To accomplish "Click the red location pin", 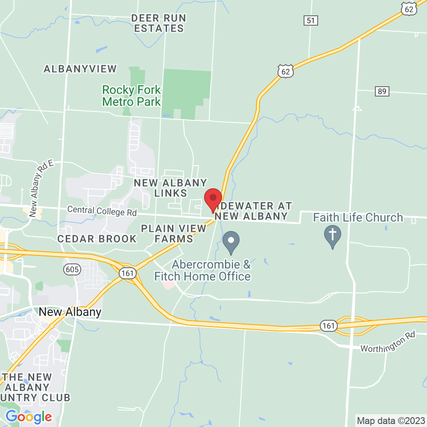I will (213, 199).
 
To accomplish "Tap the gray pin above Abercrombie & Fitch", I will (231, 241).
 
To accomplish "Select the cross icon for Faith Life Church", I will (332, 236).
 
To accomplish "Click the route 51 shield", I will (310, 20).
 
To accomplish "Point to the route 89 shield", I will (382, 91).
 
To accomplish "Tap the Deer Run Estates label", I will (157, 23).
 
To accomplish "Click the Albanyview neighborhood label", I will (80, 69).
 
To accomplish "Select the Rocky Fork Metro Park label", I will (132, 96).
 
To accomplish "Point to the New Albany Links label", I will (170, 188).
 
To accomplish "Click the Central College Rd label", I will (102, 211).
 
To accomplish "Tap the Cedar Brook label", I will (97, 239).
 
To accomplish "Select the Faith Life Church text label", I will (358, 218).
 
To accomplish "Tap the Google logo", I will (29, 416).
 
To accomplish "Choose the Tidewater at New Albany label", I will (253, 211).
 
